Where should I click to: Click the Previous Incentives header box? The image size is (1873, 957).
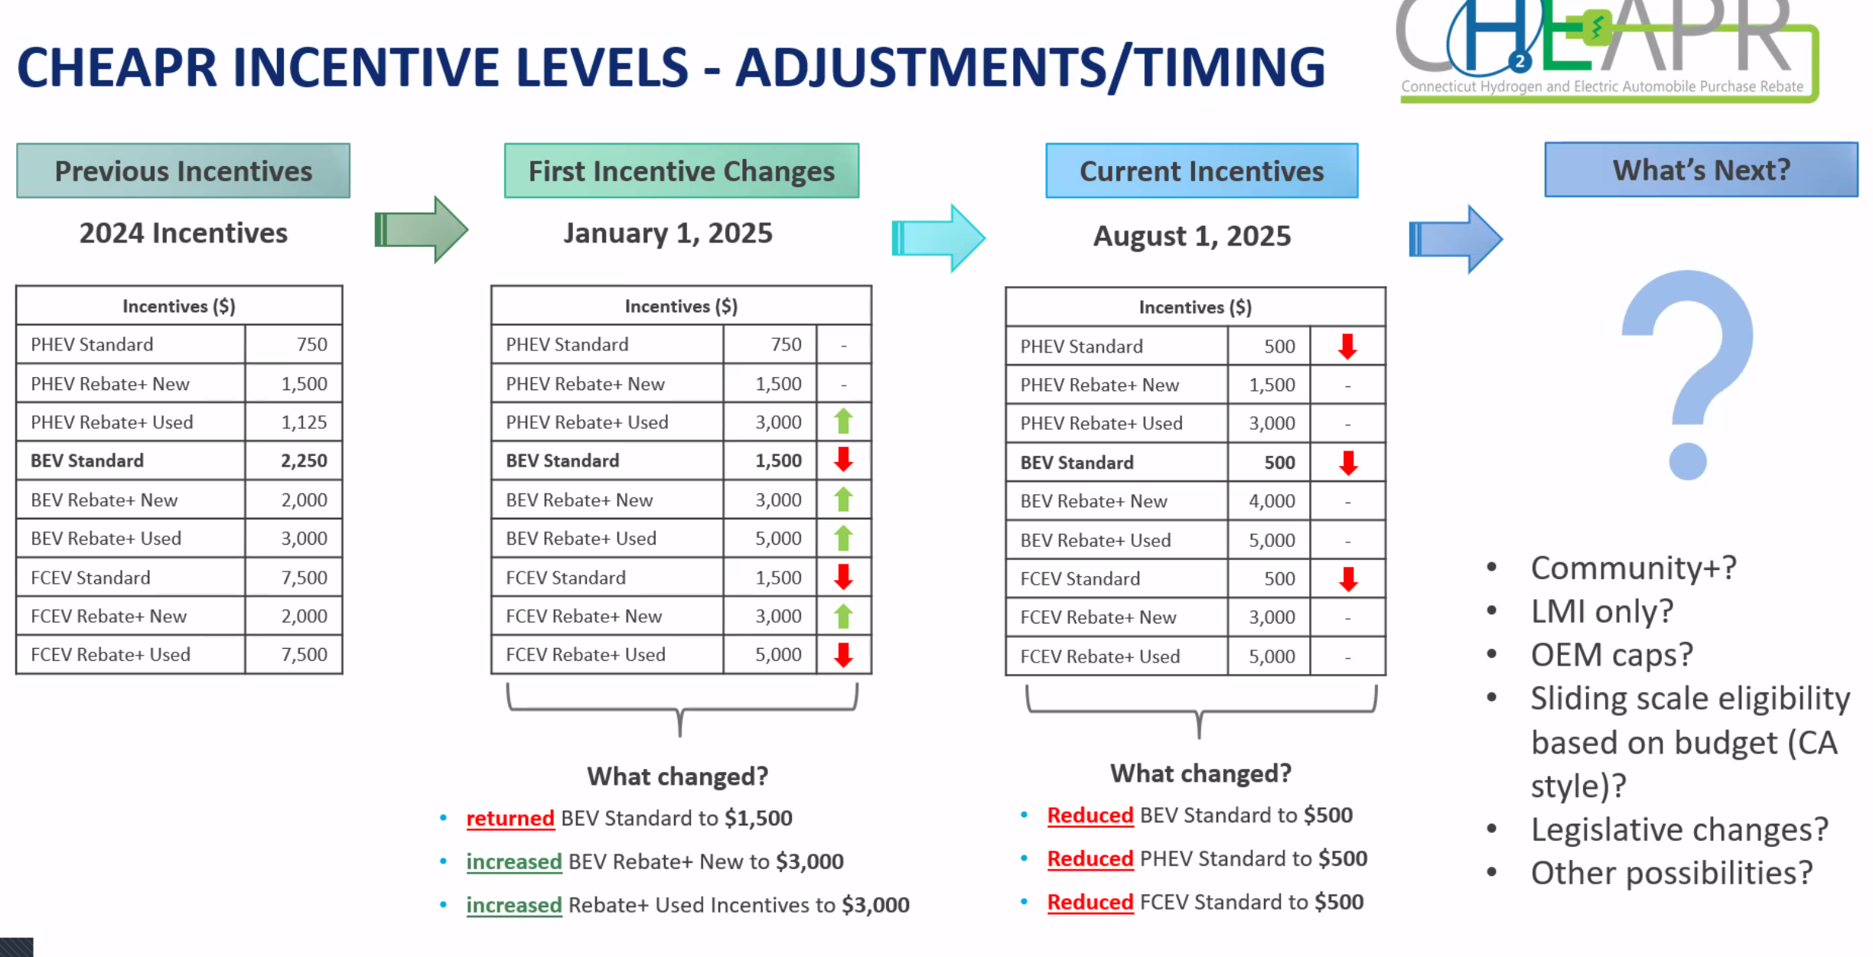tap(183, 171)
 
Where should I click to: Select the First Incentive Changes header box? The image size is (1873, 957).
tap(681, 171)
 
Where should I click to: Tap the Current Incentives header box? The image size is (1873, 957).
tap(1201, 171)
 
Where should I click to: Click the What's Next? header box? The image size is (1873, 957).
tap(1701, 169)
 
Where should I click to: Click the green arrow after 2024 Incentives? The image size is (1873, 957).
tap(422, 229)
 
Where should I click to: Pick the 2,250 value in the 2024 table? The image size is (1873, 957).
tap(304, 461)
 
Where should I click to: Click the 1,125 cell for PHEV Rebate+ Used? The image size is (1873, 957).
tap(304, 422)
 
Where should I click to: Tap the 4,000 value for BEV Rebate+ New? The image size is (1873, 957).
tap(1272, 501)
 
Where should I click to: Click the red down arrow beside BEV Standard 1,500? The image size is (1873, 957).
tap(843, 460)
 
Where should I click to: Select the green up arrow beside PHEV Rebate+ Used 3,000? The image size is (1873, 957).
tap(843, 422)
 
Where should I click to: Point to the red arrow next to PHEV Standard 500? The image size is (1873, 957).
tap(1347, 347)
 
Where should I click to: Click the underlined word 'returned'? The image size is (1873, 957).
tap(510, 819)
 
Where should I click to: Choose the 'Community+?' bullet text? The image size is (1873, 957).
tap(1633, 568)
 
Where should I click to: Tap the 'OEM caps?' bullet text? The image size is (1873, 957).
tap(1611, 655)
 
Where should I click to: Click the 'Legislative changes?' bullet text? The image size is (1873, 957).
tap(1679, 829)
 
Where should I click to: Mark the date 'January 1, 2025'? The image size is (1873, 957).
tap(668, 233)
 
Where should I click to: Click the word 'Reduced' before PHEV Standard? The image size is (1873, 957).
tap(1090, 859)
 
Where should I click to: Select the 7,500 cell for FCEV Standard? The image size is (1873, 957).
tap(304, 578)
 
